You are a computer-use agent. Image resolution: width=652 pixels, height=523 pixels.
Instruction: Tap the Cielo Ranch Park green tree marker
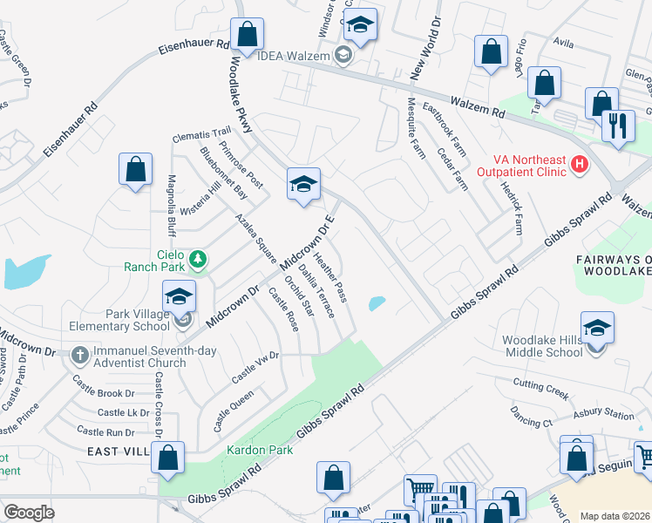coord(199,258)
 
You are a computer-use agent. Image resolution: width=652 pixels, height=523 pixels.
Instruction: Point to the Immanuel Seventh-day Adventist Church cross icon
coord(80,355)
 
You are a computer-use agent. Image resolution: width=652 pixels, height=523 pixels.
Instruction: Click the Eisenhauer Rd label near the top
coord(194,48)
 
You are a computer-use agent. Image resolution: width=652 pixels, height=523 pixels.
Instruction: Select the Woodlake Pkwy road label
coord(241,96)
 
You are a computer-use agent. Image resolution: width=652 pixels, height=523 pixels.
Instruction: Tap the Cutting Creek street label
coord(540,390)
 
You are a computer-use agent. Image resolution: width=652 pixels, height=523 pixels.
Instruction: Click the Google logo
coord(29,513)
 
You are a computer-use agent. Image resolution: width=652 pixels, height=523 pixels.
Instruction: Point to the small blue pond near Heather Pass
coord(377,303)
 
